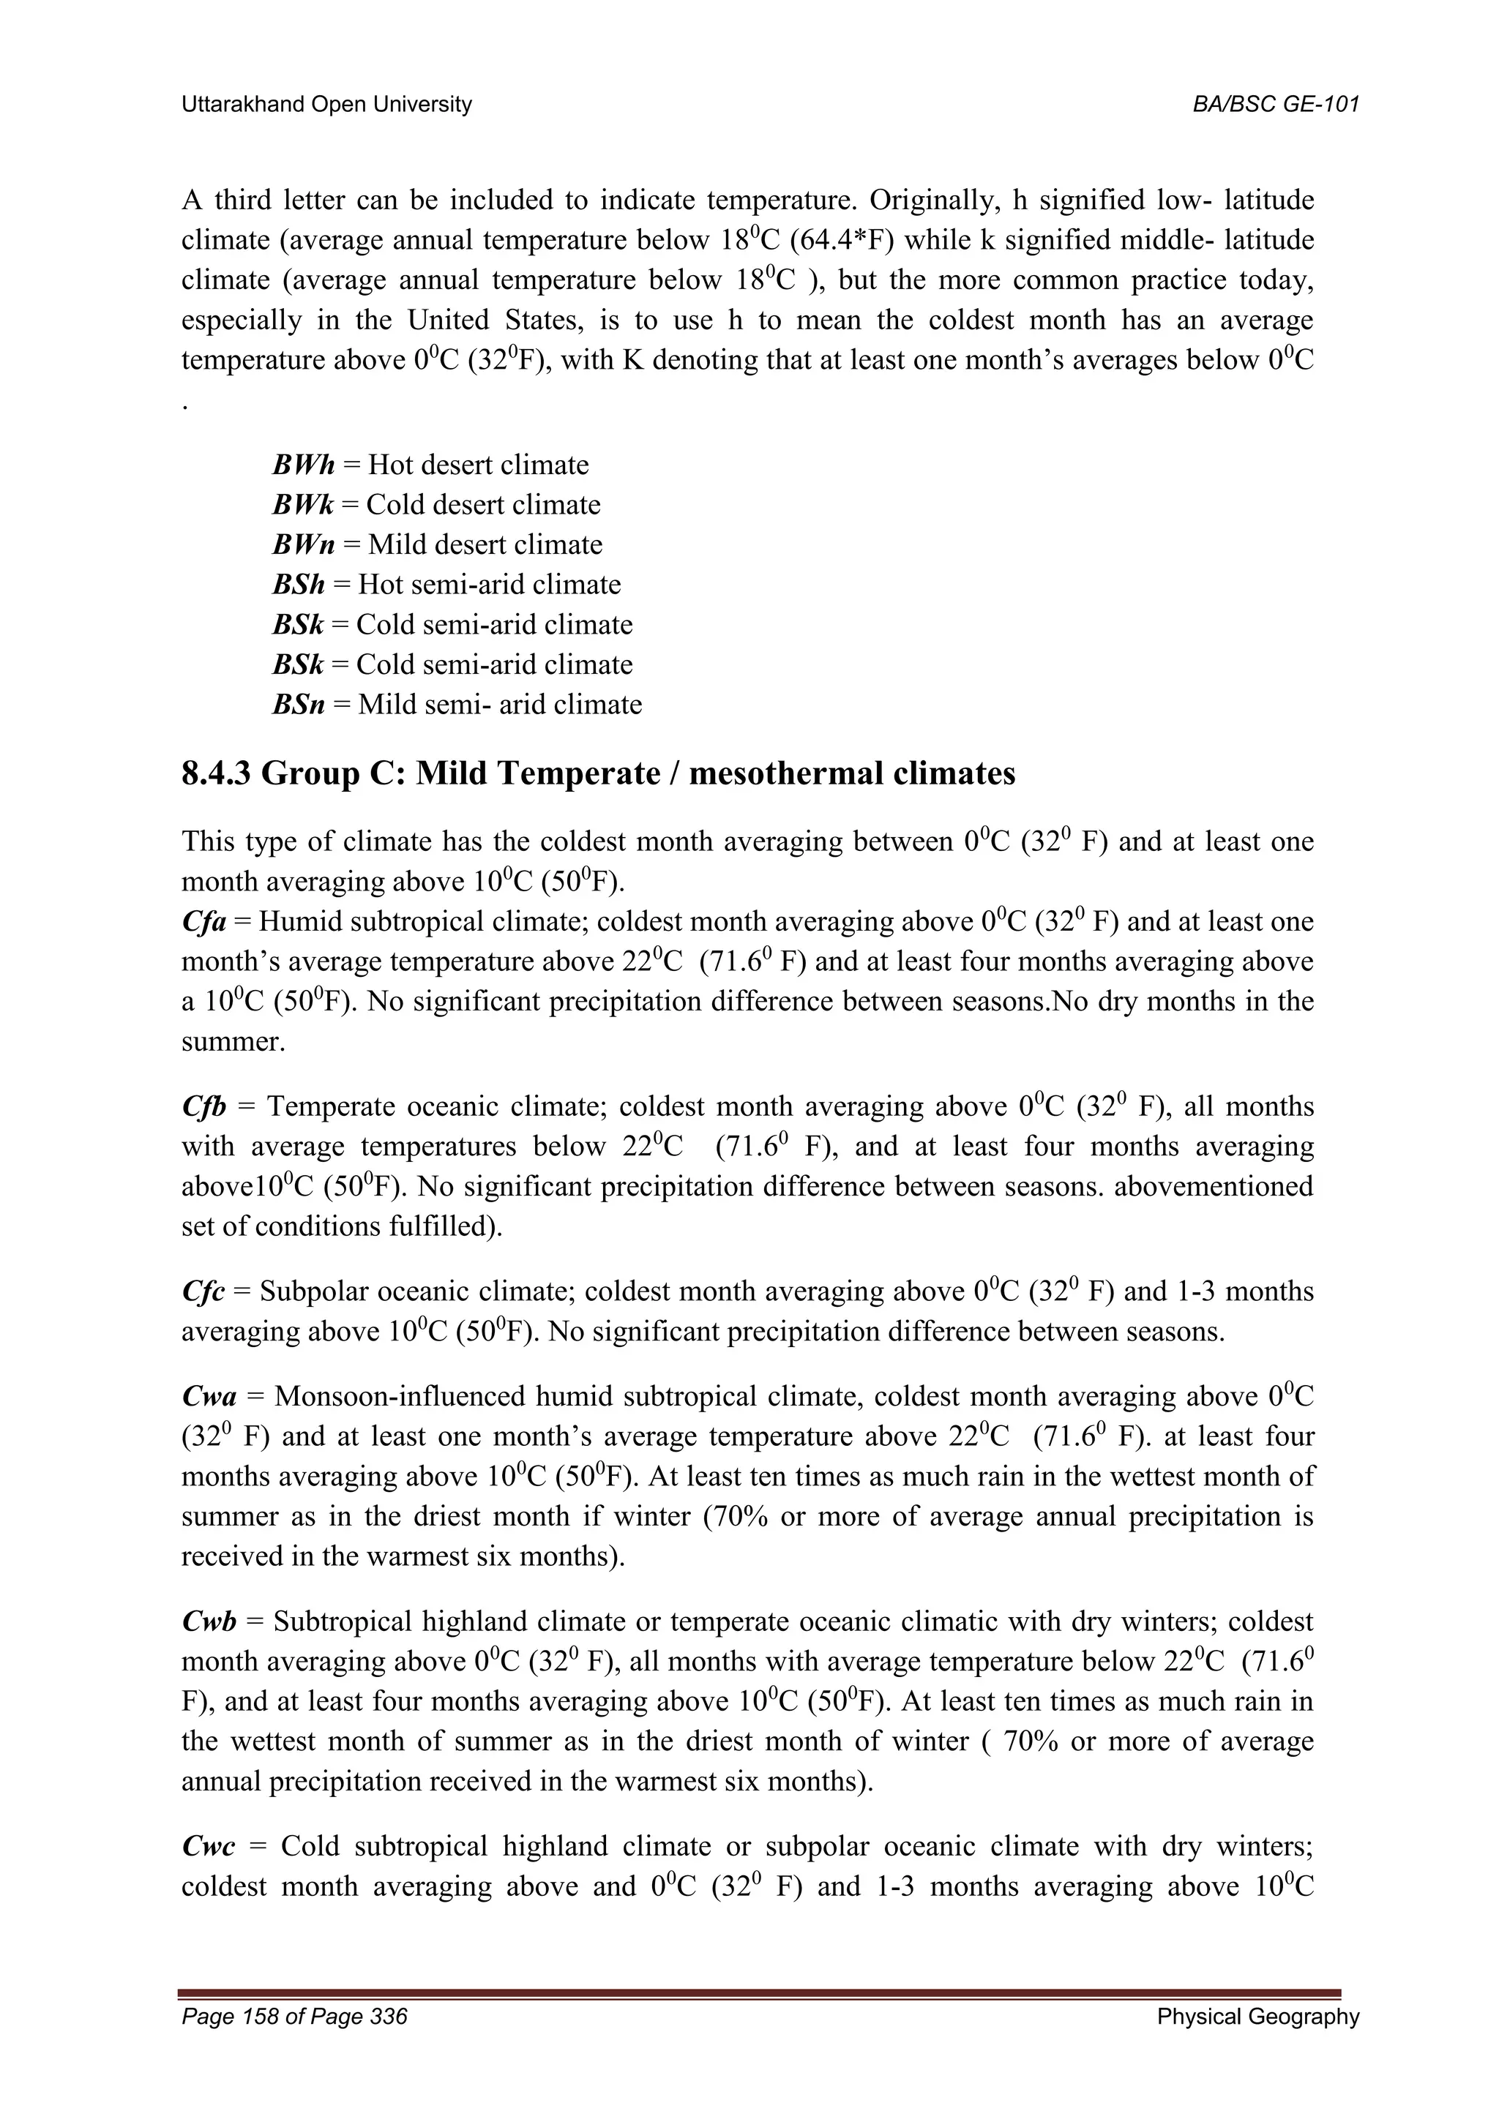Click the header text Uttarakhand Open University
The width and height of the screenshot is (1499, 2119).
coord(326,105)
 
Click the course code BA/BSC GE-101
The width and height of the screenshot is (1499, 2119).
coord(1276,105)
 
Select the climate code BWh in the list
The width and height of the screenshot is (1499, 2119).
coord(303,465)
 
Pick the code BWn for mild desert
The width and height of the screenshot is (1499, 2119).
coord(303,544)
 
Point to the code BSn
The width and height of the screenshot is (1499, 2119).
coord(298,705)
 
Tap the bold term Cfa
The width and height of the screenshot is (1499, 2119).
coord(204,922)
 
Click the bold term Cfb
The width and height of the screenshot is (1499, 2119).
coord(205,1106)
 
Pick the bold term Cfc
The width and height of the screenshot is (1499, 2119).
coord(203,1291)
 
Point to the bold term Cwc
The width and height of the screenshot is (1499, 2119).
coord(209,1847)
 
